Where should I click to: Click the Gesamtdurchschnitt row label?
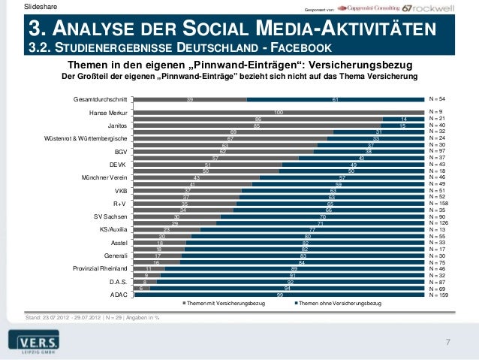(100, 98)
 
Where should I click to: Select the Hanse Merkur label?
(108, 113)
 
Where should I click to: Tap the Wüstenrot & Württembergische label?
(90, 138)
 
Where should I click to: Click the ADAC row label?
(119, 295)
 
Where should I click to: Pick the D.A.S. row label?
(118, 282)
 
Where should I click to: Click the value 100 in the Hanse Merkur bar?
(279, 113)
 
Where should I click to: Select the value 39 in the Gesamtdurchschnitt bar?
(190, 98)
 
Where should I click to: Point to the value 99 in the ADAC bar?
(280, 295)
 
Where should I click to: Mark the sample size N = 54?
(436, 98)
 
